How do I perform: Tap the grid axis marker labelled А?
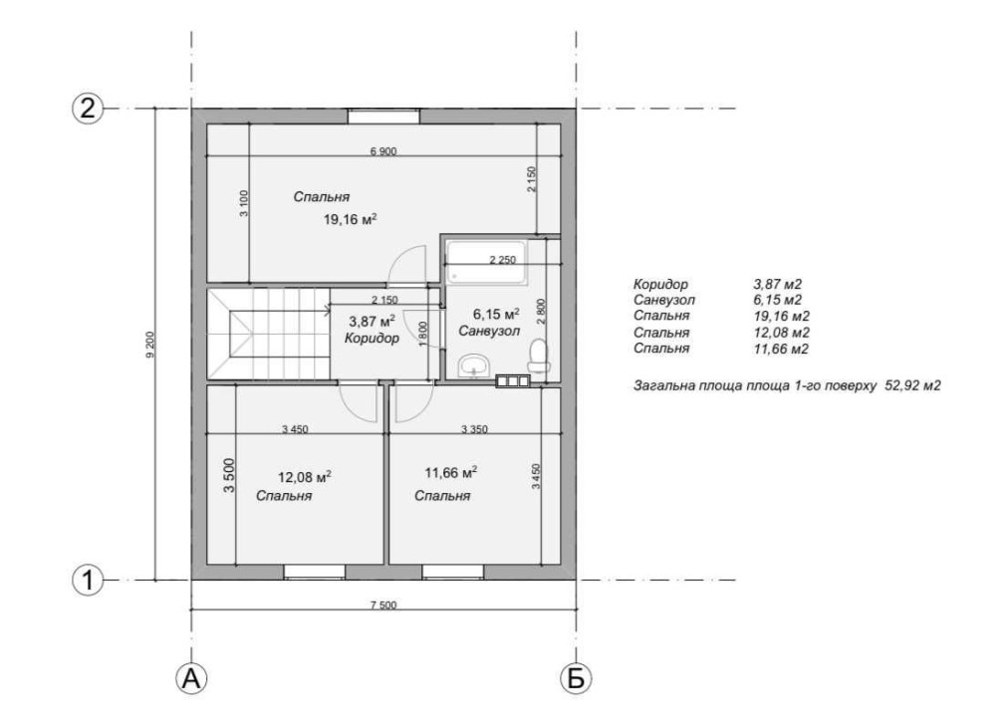pyautogui.click(x=191, y=678)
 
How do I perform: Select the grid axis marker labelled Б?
pyautogui.click(x=576, y=678)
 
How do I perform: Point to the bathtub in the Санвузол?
pyautogui.click(x=486, y=262)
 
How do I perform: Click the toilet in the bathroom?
pyautogui.click(x=539, y=356)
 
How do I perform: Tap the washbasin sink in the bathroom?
pyautogui.click(x=474, y=365)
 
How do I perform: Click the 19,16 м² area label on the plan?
pyautogui.click(x=350, y=220)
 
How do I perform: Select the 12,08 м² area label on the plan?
pyautogui.click(x=304, y=476)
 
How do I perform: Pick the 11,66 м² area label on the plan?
pyautogui.click(x=451, y=473)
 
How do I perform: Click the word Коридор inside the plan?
pyautogui.click(x=372, y=338)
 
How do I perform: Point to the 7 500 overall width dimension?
pyautogui.click(x=383, y=604)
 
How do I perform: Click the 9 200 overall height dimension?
pyautogui.click(x=150, y=345)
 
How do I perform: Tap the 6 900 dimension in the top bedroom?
pyautogui.click(x=383, y=151)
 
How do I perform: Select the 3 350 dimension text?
pyautogui.click(x=474, y=429)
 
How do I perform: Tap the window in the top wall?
pyautogui.click(x=383, y=117)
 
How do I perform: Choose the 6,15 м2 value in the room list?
pyautogui.click(x=778, y=300)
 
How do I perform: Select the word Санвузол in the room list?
pyautogui.click(x=663, y=300)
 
